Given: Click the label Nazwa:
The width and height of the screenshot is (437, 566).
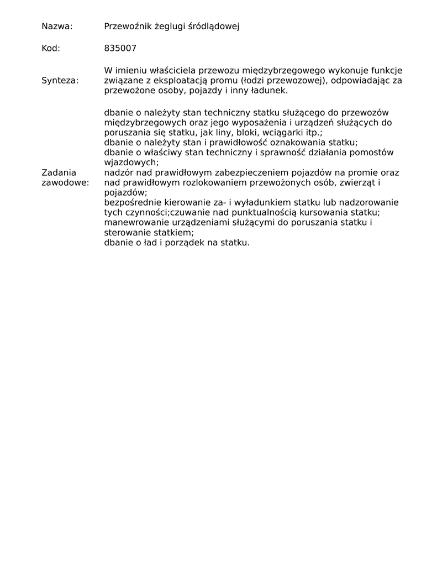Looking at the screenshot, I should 57,26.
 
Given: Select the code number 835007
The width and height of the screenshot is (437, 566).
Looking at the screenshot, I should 120,48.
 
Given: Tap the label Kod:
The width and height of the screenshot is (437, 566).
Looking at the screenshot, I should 51,48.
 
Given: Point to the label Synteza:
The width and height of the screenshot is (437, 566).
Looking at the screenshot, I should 60,81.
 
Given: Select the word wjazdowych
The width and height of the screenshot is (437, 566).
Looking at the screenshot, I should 130,163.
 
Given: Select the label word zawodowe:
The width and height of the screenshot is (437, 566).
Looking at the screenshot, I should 65,182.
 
